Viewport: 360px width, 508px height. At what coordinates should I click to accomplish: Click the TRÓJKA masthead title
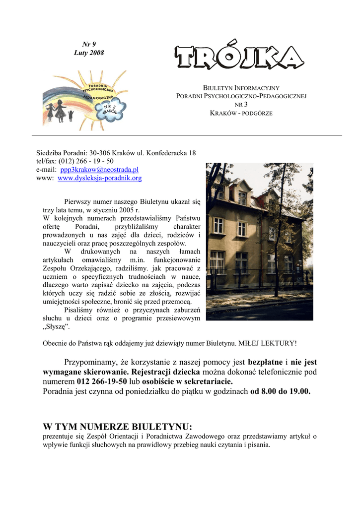(x=239, y=58)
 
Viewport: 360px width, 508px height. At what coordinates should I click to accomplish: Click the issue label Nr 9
(x=89, y=44)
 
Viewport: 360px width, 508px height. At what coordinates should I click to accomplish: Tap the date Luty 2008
(x=89, y=53)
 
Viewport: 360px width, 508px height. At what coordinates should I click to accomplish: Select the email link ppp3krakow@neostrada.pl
(x=99, y=170)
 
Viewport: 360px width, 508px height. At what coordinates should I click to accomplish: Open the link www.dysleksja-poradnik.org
(x=100, y=178)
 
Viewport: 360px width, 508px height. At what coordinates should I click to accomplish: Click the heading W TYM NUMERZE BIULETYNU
(x=117, y=427)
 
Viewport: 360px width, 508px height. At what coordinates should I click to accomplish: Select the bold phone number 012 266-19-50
(x=102, y=381)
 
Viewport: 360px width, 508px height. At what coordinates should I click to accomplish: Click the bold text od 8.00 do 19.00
(x=280, y=391)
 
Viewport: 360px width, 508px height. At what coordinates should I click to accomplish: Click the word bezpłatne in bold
(x=265, y=362)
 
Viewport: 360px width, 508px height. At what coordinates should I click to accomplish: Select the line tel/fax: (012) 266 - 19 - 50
(x=75, y=161)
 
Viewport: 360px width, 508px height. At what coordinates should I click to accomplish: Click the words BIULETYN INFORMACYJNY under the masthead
(x=241, y=87)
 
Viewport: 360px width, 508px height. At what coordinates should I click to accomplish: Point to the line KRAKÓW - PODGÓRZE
(x=241, y=113)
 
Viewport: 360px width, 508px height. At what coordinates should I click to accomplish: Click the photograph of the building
(x=259, y=241)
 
